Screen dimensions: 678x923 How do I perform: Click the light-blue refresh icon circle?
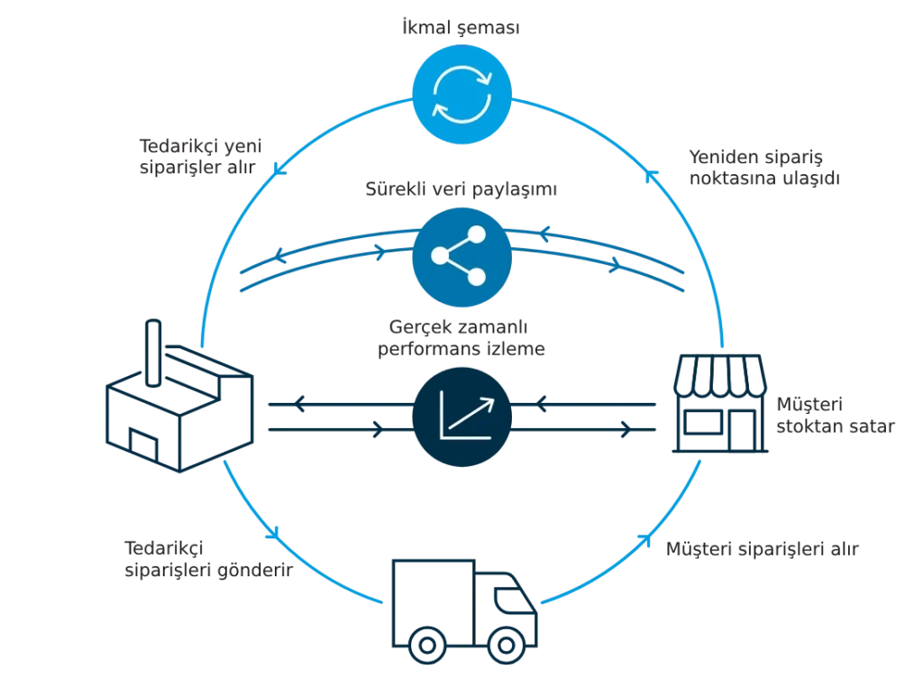461,91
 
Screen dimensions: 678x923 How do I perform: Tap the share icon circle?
461,258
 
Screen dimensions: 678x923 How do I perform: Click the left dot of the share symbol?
439,256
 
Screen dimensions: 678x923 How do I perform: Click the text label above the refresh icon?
460,28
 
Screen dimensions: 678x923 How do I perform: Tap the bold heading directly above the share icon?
461,191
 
